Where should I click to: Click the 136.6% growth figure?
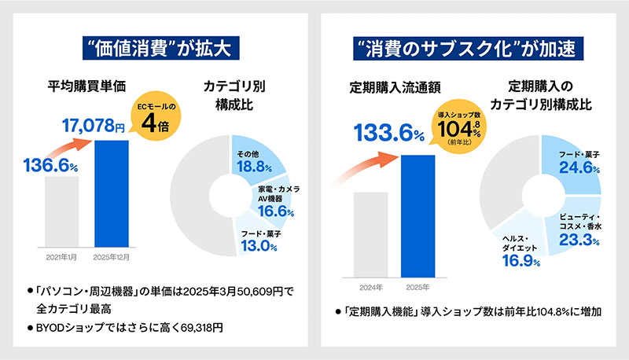point(49,165)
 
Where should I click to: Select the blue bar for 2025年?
point(417,216)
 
